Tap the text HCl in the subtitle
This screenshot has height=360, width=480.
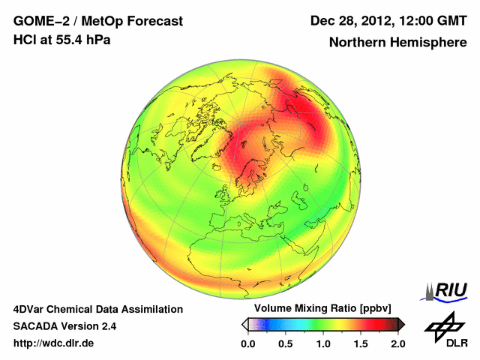click(x=25, y=40)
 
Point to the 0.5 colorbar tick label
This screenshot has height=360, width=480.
click(x=286, y=343)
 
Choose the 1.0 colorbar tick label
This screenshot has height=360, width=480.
click(x=323, y=343)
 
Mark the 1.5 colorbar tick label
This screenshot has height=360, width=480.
click(x=361, y=343)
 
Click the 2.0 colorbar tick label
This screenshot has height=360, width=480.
click(x=397, y=343)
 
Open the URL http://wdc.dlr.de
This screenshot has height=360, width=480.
click(x=54, y=343)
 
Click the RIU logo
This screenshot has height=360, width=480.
click(x=445, y=291)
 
